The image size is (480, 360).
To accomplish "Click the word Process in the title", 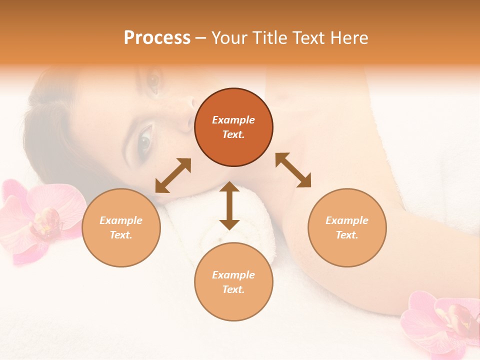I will click(157, 38).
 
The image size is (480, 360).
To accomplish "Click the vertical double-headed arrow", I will click(229, 205).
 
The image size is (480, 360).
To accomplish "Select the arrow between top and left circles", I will click(173, 175).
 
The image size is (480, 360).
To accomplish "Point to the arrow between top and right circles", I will click(293, 170).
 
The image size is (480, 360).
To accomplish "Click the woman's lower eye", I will click(144, 140).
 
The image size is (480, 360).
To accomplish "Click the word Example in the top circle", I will click(233, 120).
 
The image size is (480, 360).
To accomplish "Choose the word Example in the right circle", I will click(347, 220).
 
